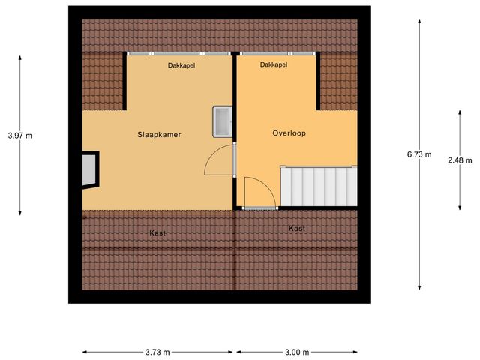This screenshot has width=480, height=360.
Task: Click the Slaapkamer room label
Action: pyautogui.click(x=160, y=135)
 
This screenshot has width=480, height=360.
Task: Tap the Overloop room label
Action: pyautogui.click(x=289, y=133)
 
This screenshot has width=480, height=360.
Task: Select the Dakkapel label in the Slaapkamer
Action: pyautogui.click(x=180, y=66)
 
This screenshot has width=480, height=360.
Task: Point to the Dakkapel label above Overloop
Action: pyautogui.click(x=274, y=65)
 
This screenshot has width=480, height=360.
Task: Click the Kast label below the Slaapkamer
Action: pyautogui.click(x=157, y=233)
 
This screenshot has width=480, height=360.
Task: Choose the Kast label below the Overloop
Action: pyautogui.click(x=297, y=228)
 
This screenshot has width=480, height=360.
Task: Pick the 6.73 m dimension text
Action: pyautogui.click(x=419, y=154)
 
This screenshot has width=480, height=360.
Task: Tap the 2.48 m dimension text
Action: pyautogui.click(x=460, y=160)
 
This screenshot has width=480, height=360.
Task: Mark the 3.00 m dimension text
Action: pyautogui.click(x=296, y=352)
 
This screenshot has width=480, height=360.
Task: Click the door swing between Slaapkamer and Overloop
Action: pyautogui.click(x=220, y=160)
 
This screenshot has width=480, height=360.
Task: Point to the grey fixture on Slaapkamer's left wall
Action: pyautogui.click(x=90, y=169)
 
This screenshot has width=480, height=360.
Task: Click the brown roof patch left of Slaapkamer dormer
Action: pyautogui.click(x=103, y=81)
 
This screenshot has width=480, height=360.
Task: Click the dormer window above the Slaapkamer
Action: pyautogui.click(x=180, y=54)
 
